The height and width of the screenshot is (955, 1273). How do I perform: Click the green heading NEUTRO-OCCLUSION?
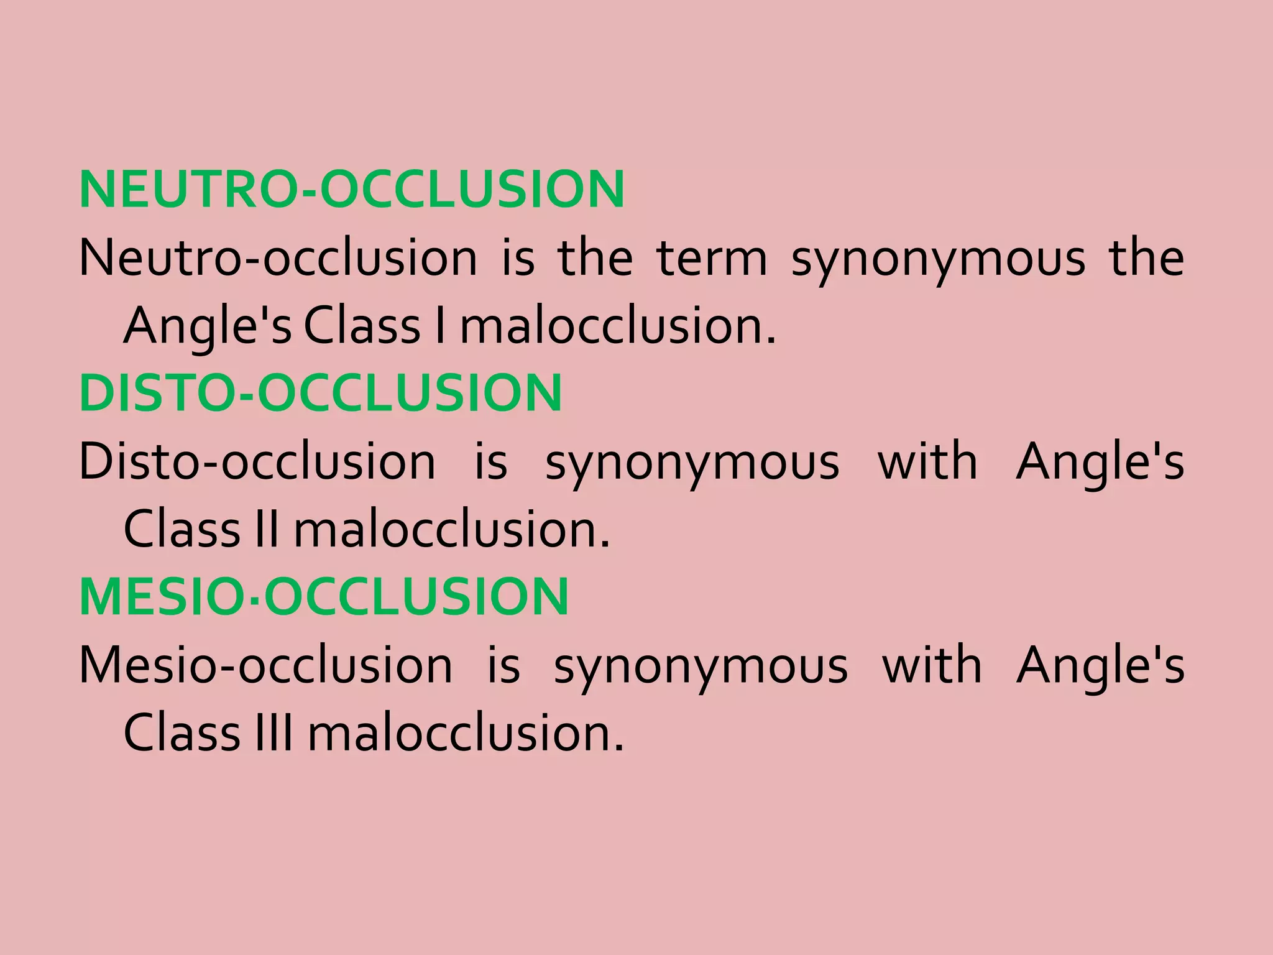(x=352, y=189)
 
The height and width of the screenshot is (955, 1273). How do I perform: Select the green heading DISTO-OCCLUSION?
(x=321, y=393)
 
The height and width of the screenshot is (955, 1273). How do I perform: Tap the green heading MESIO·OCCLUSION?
(x=324, y=597)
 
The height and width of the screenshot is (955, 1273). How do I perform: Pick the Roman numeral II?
(x=267, y=530)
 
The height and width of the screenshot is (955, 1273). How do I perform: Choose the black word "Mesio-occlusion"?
(x=266, y=665)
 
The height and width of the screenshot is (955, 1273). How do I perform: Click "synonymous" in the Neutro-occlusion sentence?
(x=938, y=260)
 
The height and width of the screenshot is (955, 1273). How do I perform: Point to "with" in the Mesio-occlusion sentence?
(x=932, y=665)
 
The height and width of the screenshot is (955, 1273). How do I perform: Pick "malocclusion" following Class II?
(x=452, y=530)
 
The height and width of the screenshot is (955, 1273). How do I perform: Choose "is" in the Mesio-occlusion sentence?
(x=503, y=665)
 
